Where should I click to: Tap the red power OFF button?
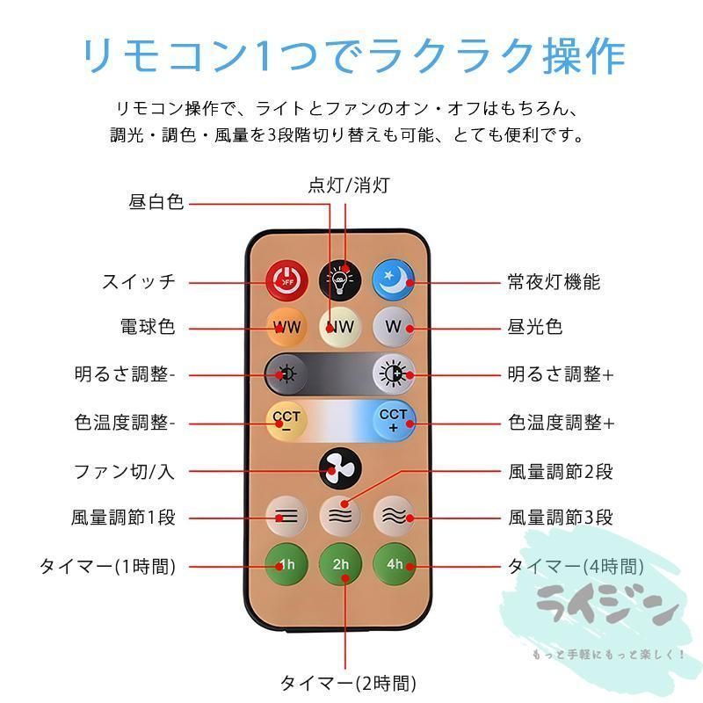(286, 281)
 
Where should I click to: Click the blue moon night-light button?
(394, 279)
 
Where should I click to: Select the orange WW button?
(286, 327)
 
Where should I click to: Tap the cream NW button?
(340, 327)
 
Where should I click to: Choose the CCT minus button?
(286, 422)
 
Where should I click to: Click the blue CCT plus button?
(394, 421)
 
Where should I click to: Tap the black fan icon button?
(340, 468)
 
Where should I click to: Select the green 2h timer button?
(340, 564)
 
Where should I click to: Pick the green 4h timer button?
(394, 564)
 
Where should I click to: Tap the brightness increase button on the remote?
(394, 373)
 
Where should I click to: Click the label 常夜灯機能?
(554, 282)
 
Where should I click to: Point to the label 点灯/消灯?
(349, 185)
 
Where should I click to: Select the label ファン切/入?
(124, 472)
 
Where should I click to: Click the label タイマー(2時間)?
(348, 684)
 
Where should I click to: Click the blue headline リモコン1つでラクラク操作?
(354, 56)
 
